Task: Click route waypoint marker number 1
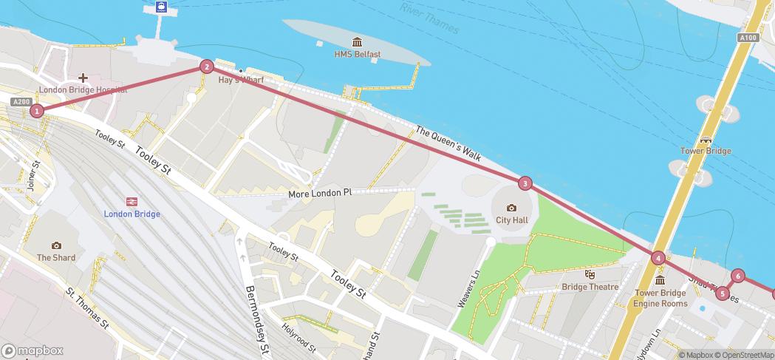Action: (36, 111)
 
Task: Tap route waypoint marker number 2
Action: (207, 67)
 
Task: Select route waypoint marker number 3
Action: (525, 183)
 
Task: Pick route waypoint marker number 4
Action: (658, 258)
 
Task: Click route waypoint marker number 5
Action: (723, 293)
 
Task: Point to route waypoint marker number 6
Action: (737, 277)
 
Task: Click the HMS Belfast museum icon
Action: (358, 41)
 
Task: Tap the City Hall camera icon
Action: (511, 208)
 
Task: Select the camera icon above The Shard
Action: (56, 245)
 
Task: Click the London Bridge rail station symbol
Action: (132, 201)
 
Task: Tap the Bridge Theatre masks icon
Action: (590, 274)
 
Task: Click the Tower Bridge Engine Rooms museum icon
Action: (660, 280)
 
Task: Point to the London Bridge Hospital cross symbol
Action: (83, 77)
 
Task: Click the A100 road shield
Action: (748, 38)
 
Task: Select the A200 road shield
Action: (21, 101)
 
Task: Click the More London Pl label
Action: (320, 193)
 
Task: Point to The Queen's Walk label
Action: (448, 143)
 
